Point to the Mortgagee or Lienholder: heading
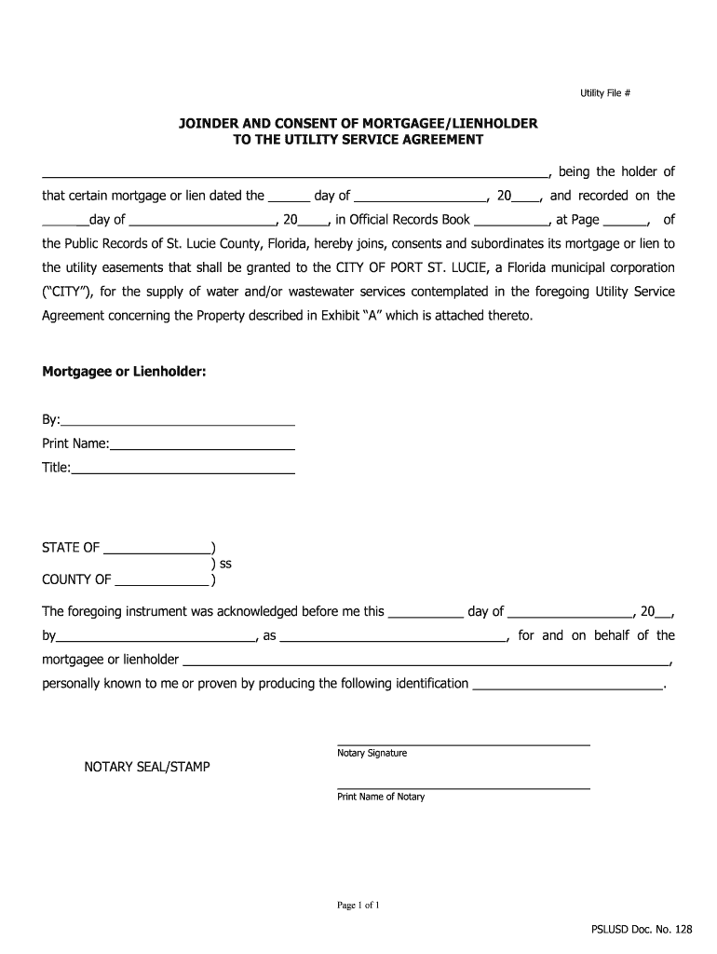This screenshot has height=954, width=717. [x=124, y=372]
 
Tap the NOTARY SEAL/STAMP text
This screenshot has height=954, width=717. [x=147, y=767]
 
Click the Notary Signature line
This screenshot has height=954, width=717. [x=463, y=743]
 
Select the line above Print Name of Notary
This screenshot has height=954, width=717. [x=463, y=787]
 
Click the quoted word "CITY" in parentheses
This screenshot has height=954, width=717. [x=67, y=292]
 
